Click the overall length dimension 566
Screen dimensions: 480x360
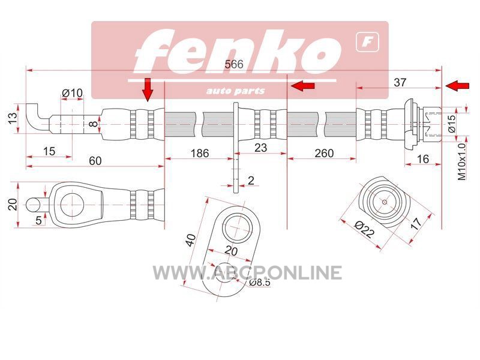[x=234, y=64]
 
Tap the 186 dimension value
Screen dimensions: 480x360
[x=200, y=153]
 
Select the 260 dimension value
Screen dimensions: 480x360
[x=324, y=153]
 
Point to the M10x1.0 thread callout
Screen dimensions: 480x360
[x=461, y=161]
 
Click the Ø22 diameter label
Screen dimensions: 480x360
[x=364, y=230]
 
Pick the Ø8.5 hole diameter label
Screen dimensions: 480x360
[x=260, y=282]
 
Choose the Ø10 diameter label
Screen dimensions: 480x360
[x=72, y=93]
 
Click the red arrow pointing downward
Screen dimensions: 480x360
[x=148, y=89]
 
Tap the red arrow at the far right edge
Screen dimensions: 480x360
[x=457, y=86]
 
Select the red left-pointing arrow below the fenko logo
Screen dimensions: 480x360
[x=303, y=86]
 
